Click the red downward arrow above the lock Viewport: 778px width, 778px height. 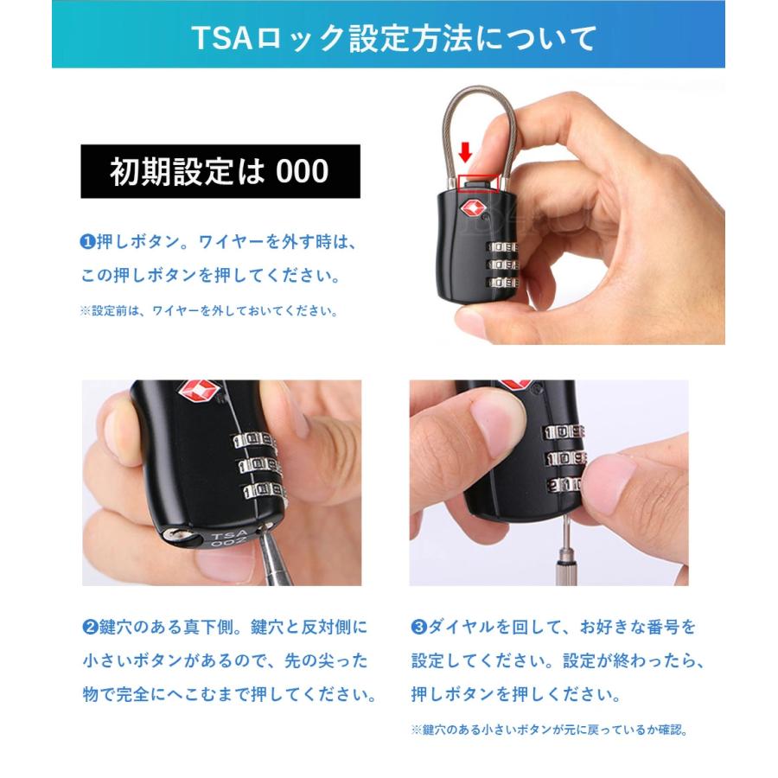point(465,153)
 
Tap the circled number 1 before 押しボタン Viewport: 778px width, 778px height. point(86,242)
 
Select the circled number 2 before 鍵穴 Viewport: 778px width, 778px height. point(89,626)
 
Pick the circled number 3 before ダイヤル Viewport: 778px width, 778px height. point(418,626)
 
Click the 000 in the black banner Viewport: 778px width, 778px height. point(303,171)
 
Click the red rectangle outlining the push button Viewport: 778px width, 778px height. point(480,181)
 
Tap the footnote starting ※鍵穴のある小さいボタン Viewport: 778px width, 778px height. point(549,730)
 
